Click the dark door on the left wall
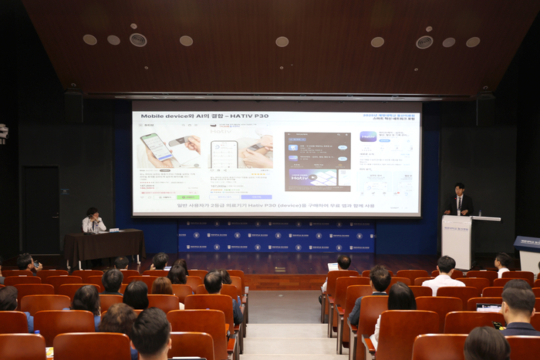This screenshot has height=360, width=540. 40,209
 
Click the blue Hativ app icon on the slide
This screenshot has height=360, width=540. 368,136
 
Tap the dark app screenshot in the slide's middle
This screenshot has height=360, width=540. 317,161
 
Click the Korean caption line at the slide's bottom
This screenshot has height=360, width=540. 275,206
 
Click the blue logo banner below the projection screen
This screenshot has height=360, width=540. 275,235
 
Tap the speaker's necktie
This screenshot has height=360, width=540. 460,204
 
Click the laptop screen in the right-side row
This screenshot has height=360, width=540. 488,307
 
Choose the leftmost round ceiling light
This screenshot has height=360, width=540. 89,39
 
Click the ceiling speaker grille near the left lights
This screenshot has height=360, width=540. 138,39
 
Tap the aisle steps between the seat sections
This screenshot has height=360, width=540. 283,339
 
